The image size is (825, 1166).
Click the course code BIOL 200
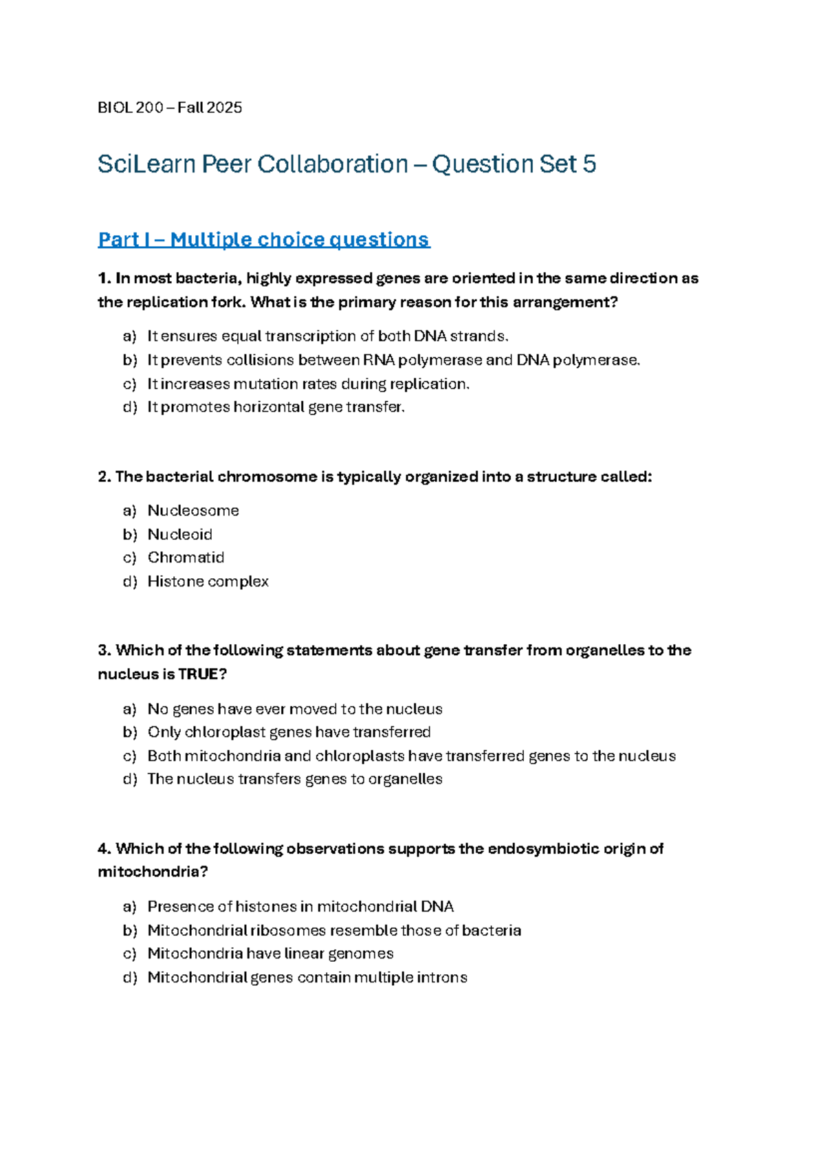pyautogui.click(x=131, y=107)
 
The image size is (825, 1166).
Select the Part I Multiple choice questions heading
pyautogui.click(x=263, y=239)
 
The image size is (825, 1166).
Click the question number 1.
pyautogui.click(x=104, y=278)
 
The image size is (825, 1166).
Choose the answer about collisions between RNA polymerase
pyautogui.click(x=393, y=360)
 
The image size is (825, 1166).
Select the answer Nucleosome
pyautogui.click(x=193, y=511)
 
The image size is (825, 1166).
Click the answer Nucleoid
pyautogui.click(x=179, y=534)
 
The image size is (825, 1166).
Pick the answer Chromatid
pyautogui.click(x=186, y=558)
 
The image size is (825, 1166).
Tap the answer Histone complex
pyautogui.click(x=208, y=582)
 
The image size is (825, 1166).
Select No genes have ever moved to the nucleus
pyautogui.click(x=295, y=709)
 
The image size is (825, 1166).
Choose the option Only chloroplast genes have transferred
pyautogui.click(x=289, y=732)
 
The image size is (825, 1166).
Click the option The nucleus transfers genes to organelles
pyautogui.click(x=295, y=779)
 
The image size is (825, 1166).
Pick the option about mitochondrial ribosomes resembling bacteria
pyautogui.click(x=334, y=930)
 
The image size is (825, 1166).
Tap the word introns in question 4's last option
pyautogui.click(x=441, y=978)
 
